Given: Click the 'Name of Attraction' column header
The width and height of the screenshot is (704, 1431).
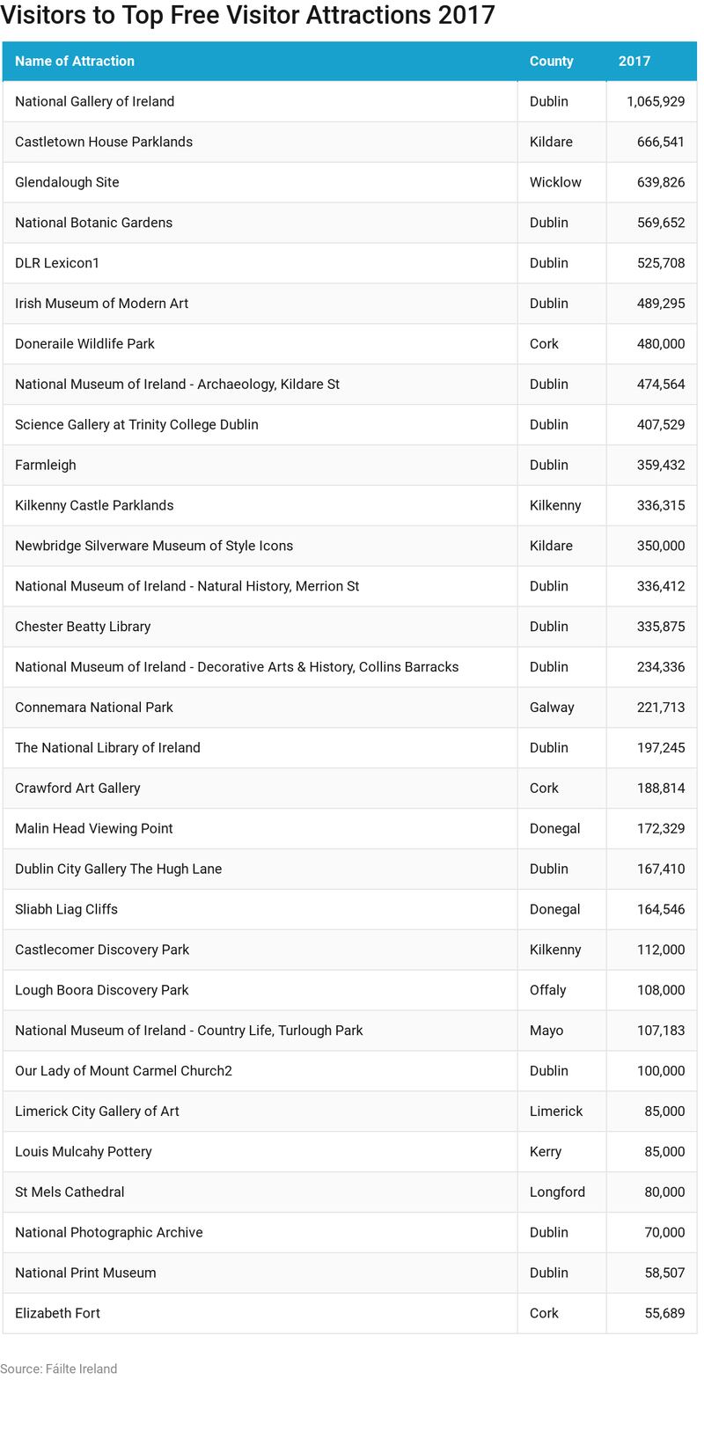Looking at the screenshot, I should click(75, 61).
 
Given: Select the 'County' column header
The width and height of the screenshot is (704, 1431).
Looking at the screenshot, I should click(551, 61).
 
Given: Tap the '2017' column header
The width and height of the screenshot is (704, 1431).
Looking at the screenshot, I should click(634, 61).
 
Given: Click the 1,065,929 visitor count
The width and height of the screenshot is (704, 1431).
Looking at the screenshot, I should click(655, 101).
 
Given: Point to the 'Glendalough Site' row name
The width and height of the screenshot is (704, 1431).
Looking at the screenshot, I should click(67, 182).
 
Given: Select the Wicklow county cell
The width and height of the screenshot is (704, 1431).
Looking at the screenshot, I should click(555, 182).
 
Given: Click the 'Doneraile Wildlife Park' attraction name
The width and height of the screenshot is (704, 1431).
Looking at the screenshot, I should click(84, 343).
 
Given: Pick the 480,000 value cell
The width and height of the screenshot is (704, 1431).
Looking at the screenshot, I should click(660, 343).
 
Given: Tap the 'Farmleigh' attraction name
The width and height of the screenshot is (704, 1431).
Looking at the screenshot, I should click(46, 465).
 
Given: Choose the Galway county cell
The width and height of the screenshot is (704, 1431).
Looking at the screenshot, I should click(552, 707).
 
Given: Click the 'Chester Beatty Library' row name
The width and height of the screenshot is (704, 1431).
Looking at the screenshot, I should click(83, 627).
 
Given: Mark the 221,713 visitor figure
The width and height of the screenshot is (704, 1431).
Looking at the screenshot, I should click(660, 707).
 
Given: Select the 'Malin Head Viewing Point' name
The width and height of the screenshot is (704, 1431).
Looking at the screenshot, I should click(93, 828).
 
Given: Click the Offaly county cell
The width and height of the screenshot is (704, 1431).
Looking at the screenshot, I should click(547, 990).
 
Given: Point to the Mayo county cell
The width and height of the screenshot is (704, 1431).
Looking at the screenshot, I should click(546, 1031).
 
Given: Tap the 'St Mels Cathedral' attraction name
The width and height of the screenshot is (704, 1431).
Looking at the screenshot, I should click(70, 1192).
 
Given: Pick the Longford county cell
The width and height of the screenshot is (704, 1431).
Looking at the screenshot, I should click(557, 1192).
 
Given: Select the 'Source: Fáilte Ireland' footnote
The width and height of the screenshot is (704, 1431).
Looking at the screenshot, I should click(59, 1369).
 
